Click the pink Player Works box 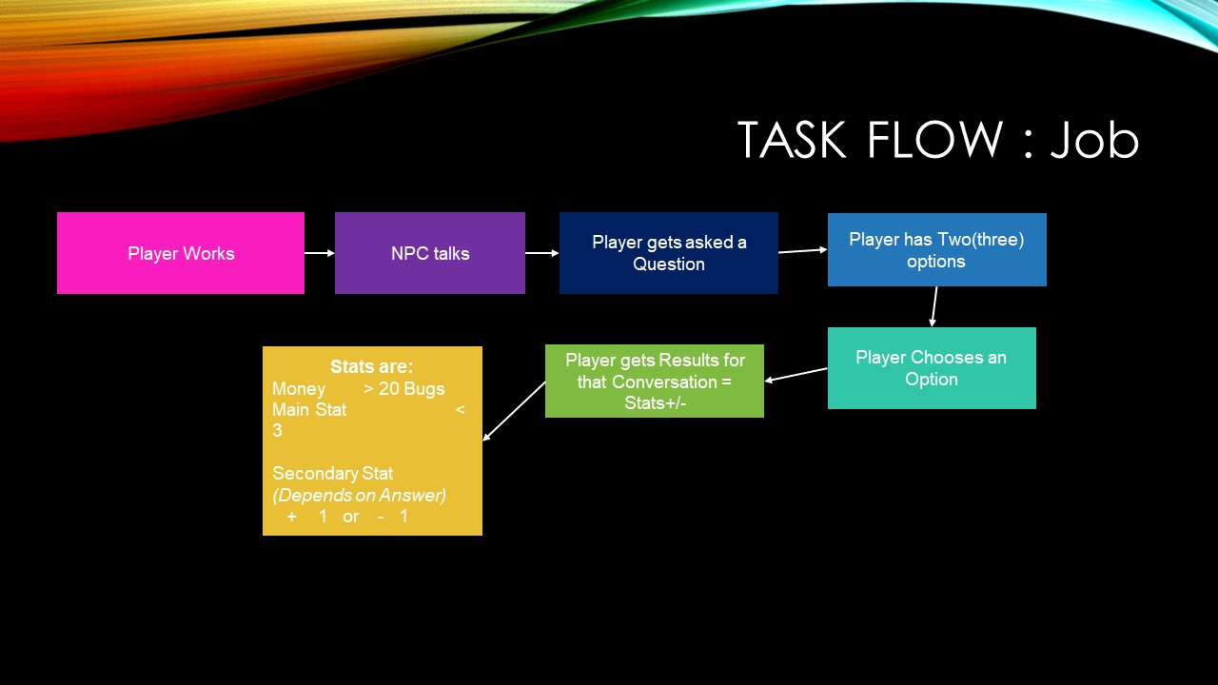[181, 253]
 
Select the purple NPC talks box [430, 253]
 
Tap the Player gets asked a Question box [669, 253]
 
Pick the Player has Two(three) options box [936, 250]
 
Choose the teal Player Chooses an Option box [932, 368]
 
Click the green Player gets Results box [655, 381]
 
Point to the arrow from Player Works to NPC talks [320, 253]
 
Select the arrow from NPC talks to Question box [542, 253]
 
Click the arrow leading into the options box [803, 251]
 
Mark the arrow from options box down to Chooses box [934, 306]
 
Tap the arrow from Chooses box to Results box [796, 375]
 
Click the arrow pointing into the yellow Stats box [514, 411]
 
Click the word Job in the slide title [1094, 141]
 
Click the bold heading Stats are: [371, 367]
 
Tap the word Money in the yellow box [299, 389]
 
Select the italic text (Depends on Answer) [360, 496]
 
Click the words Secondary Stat [332, 474]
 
